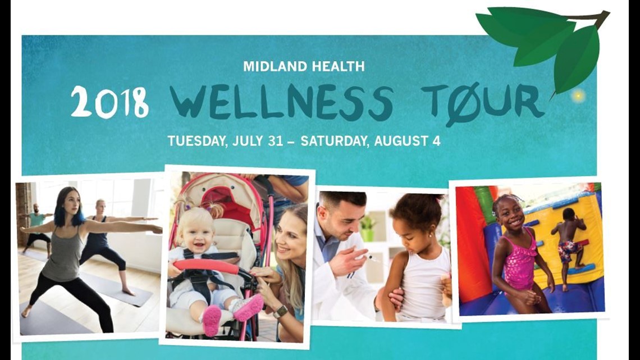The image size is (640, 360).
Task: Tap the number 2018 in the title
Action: coord(109,102)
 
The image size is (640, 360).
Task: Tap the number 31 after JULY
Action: coord(275,140)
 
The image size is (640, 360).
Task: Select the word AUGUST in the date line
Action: coord(401,140)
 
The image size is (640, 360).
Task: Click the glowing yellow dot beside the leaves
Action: coord(577,96)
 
